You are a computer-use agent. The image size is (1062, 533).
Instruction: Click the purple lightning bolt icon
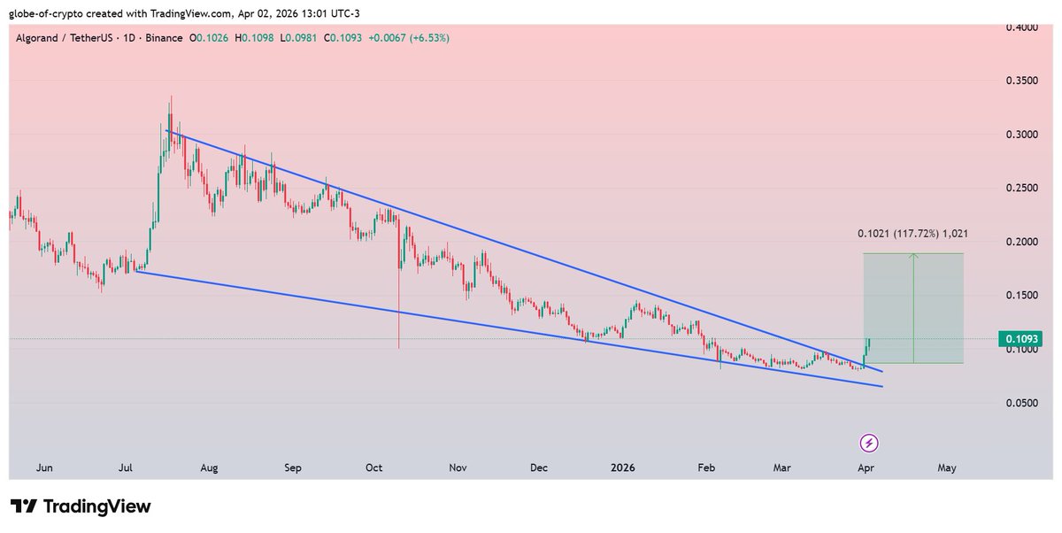click(869, 442)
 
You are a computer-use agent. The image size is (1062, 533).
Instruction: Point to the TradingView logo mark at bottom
click(28, 506)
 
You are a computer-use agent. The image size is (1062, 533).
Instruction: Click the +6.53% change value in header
click(427, 39)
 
